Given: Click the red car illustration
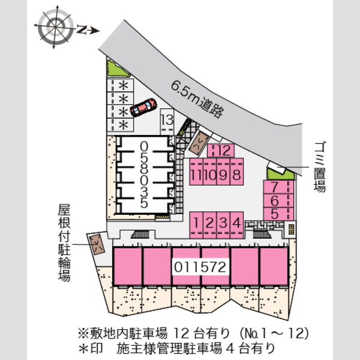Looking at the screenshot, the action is (x=143, y=107).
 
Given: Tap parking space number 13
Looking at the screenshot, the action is (x=167, y=121).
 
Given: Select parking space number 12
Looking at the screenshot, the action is (x=221, y=151).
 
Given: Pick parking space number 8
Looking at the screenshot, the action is (x=237, y=172).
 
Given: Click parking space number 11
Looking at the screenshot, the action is (x=196, y=172).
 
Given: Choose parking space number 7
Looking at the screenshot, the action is (x=278, y=187).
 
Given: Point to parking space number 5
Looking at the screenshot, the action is (x=278, y=214).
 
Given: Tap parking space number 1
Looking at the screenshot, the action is (x=196, y=225).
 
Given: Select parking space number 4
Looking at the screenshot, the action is (x=237, y=225).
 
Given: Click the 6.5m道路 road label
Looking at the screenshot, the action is (x=197, y=99).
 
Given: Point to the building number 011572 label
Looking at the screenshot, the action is (x=200, y=267).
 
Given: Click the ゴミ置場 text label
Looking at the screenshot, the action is (x=320, y=167).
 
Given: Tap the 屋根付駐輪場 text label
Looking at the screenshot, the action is (x=64, y=243).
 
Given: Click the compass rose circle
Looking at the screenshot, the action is (x=56, y=27).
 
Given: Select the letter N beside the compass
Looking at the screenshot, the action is (x=82, y=29).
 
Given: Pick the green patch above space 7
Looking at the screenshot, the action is (x=280, y=174).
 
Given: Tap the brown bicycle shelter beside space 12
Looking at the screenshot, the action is (x=199, y=143).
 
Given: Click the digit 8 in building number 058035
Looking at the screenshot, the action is (x=144, y=169).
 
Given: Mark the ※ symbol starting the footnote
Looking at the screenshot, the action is (x=83, y=334).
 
